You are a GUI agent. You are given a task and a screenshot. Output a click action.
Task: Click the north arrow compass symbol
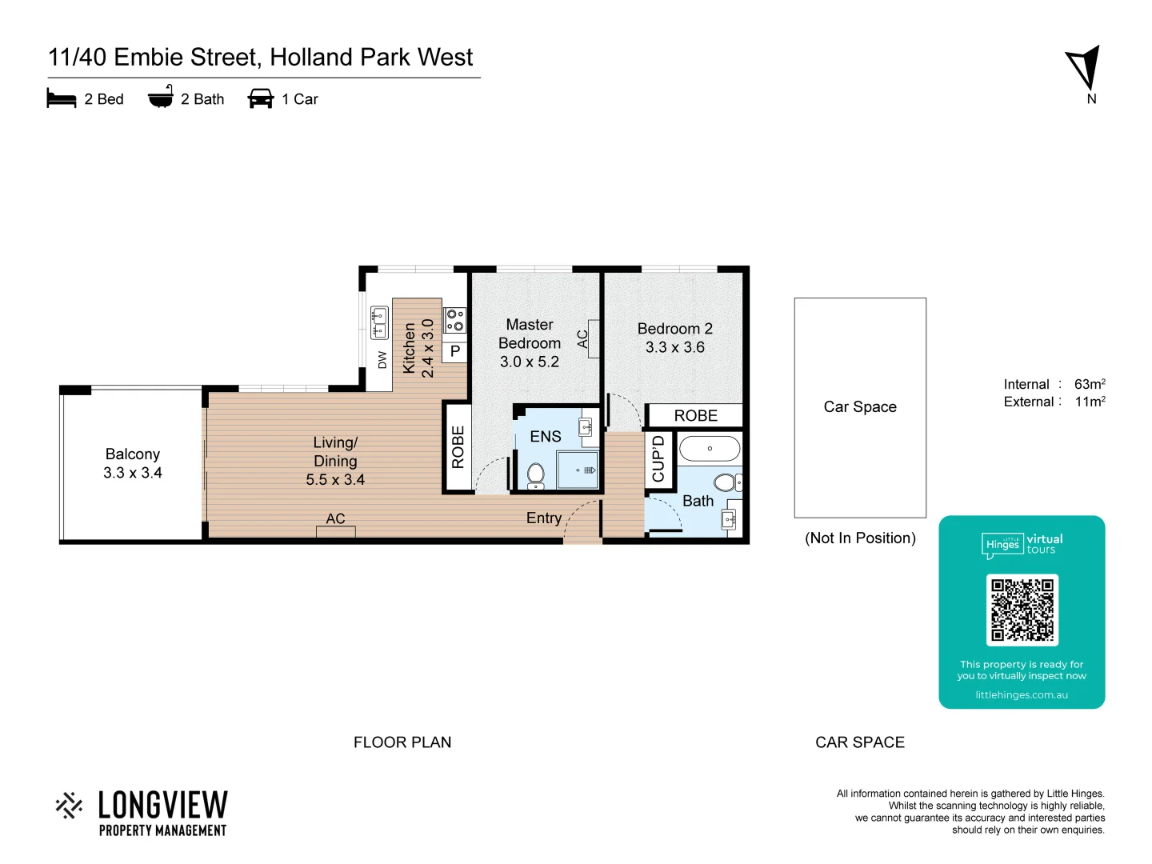[1084, 67]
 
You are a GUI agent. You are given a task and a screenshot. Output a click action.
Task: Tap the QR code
[1022, 610]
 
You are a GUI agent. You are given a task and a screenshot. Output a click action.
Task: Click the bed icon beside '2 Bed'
[62, 98]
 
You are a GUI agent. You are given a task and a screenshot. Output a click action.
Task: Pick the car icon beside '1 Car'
[261, 98]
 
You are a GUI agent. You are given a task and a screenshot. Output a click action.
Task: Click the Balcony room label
[133, 454]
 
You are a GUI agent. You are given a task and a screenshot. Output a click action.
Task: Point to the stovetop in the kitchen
[455, 321]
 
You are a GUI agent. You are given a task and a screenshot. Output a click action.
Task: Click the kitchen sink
[379, 322]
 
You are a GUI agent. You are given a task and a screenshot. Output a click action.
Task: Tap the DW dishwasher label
[382, 360]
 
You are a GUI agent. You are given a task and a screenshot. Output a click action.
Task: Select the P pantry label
[455, 351]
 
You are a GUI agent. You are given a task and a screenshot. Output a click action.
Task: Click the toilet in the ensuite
[536, 475]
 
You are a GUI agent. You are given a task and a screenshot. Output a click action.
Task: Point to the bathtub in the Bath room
[710, 449]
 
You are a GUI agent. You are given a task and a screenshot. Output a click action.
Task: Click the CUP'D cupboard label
[658, 458]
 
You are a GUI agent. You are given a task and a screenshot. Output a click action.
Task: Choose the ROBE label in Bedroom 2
[695, 416]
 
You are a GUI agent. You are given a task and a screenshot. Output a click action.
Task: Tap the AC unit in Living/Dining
[336, 530]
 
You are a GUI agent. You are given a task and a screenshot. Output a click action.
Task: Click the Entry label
[544, 518]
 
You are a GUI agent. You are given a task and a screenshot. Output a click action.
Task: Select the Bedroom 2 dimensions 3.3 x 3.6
[675, 347]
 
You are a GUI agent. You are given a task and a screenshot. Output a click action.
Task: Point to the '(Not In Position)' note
[860, 538]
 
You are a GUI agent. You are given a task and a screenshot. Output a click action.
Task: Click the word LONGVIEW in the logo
[163, 805]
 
